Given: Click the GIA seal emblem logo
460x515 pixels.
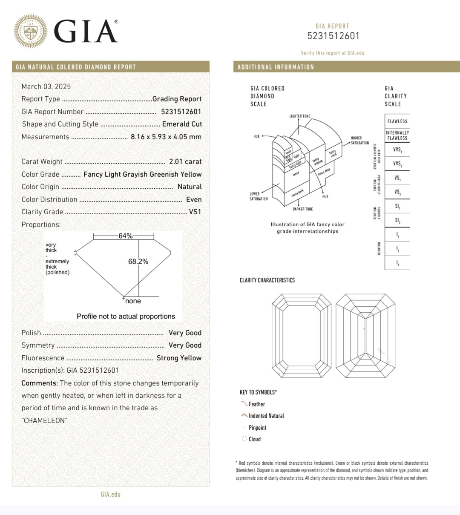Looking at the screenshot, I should click(31, 31).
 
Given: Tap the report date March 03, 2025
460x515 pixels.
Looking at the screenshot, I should click(46, 86).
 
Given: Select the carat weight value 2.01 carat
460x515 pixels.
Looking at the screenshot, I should click(185, 161).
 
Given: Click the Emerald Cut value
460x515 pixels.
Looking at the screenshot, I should click(182, 124).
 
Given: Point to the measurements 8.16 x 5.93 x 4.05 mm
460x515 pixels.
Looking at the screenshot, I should click(166, 137).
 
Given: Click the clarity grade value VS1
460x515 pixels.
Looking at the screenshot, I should click(195, 212).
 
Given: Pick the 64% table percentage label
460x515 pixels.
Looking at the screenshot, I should click(126, 236).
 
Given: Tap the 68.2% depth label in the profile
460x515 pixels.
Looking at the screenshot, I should click(138, 262).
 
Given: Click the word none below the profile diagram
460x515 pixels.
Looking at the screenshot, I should click(133, 301).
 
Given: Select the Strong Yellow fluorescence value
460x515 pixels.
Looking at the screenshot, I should click(179, 358).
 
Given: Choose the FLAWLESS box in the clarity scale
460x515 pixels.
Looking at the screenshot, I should click(397, 121).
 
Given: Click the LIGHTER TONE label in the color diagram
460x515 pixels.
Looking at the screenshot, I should click(300, 116).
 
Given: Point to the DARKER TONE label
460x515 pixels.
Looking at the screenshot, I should click(302, 209).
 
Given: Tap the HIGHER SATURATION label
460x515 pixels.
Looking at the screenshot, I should click(359, 141).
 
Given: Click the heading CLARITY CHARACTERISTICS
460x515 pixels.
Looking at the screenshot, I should click(267, 280).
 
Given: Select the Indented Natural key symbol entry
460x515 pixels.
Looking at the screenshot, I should click(266, 416).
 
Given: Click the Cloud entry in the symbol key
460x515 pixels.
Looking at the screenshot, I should click(254, 439).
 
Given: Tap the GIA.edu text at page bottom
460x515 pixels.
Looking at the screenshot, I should click(111, 494).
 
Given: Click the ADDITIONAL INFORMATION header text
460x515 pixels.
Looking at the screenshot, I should click(276, 67).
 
